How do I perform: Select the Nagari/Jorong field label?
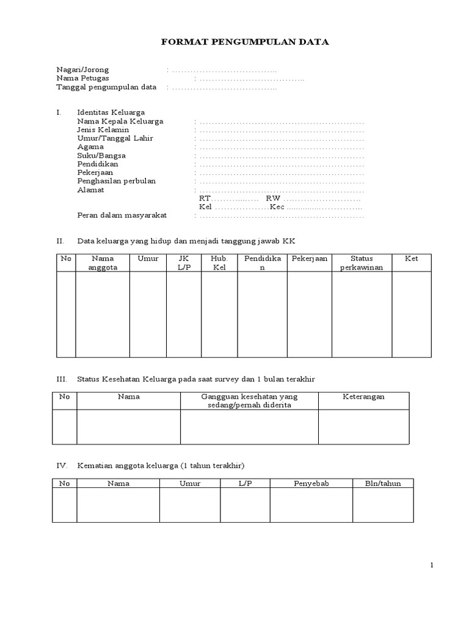tap(82, 70)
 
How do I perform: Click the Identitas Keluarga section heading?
tap(111, 113)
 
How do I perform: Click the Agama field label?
tap(90, 147)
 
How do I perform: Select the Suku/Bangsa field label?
tap(101, 156)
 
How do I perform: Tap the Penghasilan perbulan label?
tap(116, 182)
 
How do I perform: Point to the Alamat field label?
tap(90, 190)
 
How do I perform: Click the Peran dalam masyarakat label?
tap(122, 216)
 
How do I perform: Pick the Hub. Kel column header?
tap(219, 263)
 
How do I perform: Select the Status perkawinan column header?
tap(362, 263)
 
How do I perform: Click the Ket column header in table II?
tap(412, 259)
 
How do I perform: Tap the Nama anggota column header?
tap(103, 263)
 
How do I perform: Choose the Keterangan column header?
tap(363, 397)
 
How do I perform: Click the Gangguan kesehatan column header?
tap(249, 401)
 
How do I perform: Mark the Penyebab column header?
tap(311, 484)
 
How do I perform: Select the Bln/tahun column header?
tap(382, 484)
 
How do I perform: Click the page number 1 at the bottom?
tap(432, 565)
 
